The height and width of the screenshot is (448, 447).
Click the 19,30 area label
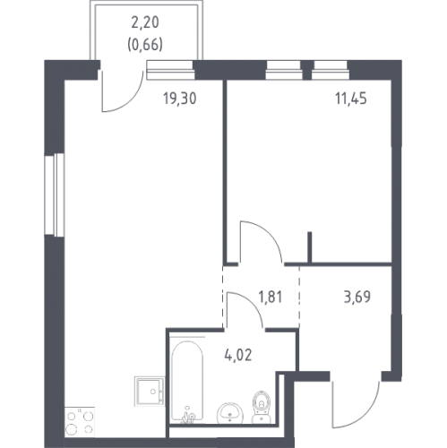[180, 99]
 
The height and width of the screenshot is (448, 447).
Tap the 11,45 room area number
[351, 99]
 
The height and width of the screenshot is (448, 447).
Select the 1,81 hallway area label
[271, 297]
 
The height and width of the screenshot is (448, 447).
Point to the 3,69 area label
[357, 297]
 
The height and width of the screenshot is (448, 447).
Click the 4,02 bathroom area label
[238, 356]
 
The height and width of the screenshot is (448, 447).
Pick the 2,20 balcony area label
[145, 22]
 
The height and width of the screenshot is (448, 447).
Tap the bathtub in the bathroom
[187, 382]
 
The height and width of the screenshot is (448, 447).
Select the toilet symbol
[262, 407]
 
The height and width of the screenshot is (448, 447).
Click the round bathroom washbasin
[230, 413]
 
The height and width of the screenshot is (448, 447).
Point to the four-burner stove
[80, 422]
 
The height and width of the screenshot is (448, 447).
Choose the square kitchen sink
[150, 392]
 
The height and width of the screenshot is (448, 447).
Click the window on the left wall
[55, 194]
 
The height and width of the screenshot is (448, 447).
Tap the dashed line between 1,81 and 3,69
[299, 297]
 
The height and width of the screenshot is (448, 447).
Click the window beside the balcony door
[170, 70]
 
